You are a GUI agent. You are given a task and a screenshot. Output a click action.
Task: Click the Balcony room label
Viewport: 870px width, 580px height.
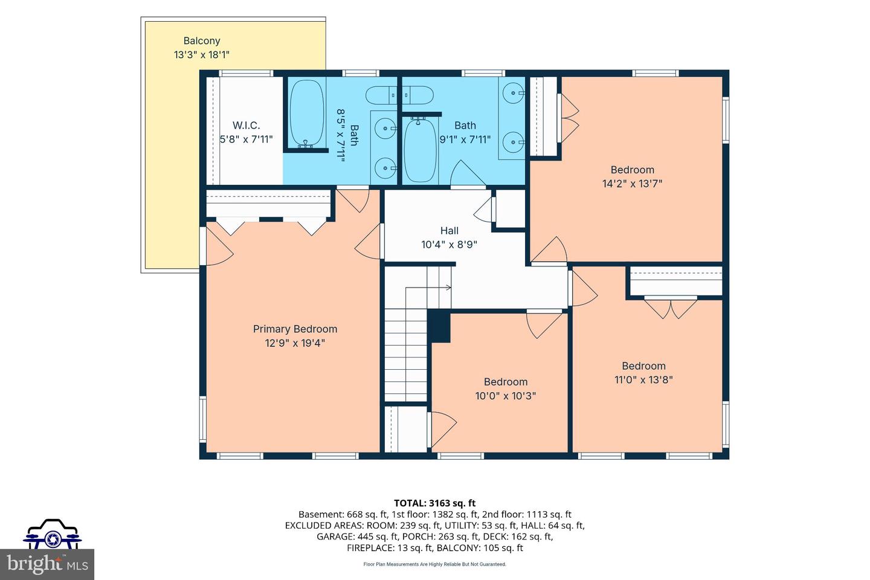202,41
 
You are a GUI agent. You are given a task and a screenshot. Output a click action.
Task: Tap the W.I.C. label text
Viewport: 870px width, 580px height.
246,126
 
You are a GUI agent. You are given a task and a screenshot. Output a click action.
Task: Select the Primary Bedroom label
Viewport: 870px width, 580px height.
295,329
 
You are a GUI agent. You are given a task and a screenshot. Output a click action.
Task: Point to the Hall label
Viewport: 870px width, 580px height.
449,231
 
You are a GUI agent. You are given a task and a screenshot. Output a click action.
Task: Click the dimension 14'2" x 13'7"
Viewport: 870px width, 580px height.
633,183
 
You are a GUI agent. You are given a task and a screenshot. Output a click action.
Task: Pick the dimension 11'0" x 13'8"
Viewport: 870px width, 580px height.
643,379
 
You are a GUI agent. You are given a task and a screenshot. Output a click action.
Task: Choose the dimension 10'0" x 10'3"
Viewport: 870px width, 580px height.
505,396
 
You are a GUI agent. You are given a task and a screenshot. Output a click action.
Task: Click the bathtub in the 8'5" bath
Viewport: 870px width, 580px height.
307,114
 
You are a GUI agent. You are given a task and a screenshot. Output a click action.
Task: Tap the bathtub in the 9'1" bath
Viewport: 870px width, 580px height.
420,150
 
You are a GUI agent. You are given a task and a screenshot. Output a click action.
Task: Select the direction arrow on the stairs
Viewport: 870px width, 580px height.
427,288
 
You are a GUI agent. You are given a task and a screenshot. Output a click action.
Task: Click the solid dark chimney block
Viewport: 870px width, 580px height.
439,326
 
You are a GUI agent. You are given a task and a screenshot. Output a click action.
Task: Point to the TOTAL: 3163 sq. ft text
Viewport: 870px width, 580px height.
434,503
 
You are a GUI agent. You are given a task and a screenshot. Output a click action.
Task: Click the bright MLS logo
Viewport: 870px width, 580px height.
47,564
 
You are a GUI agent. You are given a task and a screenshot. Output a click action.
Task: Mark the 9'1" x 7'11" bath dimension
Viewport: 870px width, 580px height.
465,140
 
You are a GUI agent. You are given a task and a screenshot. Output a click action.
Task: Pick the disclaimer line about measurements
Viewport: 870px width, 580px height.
434,564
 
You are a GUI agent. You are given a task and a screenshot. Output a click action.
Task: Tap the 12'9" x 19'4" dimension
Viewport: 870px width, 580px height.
295,343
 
